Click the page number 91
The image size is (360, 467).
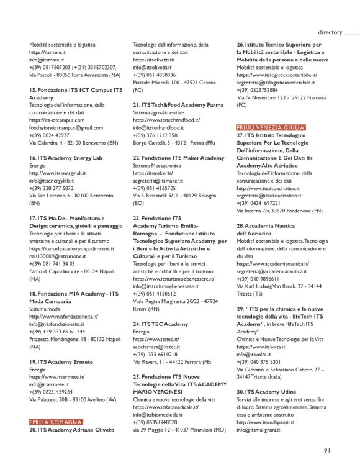click(328, 451)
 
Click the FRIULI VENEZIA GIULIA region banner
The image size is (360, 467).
click(271, 127)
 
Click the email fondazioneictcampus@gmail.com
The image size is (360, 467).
click(66, 127)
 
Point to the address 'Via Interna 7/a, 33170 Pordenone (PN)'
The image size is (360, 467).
click(280, 211)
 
